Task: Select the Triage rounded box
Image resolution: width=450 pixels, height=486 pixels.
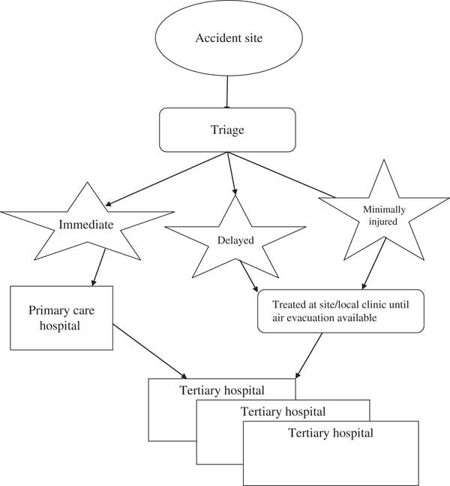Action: [x=226, y=130]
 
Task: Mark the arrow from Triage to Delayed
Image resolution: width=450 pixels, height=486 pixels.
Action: [x=233, y=173]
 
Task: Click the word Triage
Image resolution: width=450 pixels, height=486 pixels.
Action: [x=226, y=129]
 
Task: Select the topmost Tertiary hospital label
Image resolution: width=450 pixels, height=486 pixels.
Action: [x=222, y=390]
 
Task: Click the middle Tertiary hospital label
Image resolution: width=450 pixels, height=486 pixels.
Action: [x=283, y=411]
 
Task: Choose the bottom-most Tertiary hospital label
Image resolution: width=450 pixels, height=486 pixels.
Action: [x=331, y=433]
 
